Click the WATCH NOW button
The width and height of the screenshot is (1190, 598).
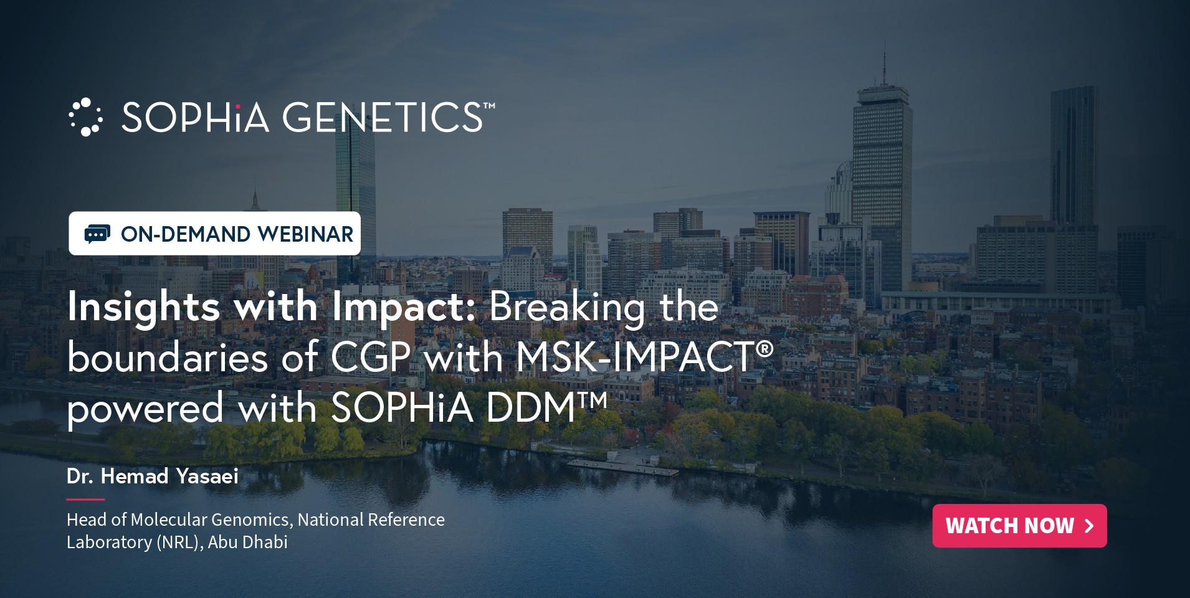click(x=1019, y=526)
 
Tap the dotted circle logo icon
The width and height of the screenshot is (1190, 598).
click(x=85, y=117)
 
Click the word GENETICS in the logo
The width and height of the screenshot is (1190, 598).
click(x=383, y=117)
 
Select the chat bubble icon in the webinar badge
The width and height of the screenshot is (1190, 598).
click(x=97, y=234)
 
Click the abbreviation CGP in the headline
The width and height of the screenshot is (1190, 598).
click(x=370, y=358)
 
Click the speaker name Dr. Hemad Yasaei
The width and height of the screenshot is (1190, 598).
click(x=153, y=477)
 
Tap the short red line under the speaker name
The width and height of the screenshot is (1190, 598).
click(x=85, y=499)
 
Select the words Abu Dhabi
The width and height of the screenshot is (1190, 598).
click(x=247, y=542)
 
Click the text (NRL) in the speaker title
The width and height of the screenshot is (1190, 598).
click(x=179, y=543)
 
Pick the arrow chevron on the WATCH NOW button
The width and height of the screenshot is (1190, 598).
click(x=1089, y=526)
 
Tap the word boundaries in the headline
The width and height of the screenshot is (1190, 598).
click(x=168, y=358)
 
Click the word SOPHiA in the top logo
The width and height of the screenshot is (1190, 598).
click(x=195, y=117)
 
